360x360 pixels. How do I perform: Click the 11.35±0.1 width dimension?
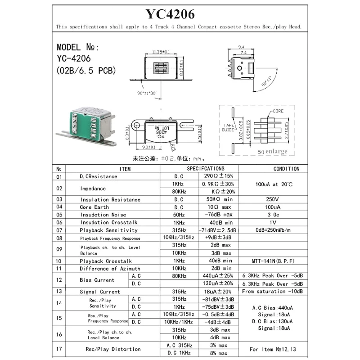(x=161, y=52)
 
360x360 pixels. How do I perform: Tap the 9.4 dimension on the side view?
(x=241, y=46)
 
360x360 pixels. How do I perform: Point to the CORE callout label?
(x=278, y=110)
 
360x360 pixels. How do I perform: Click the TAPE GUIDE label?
(x=228, y=127)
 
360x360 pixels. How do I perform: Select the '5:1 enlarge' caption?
(x=272, y=152)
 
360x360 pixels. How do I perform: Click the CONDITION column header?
(x=286, y=169)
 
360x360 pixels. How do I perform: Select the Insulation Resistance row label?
(x=110, y=199)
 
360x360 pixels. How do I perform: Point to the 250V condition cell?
(x=273, y=199)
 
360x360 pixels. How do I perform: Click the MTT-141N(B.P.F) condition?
(x=273, y=261)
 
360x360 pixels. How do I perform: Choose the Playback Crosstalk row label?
(x=106, y=261)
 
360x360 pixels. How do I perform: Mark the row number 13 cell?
(x=59, y=292)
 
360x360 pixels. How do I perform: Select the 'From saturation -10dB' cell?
(x=272, y=292)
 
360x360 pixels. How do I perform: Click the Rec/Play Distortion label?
(x=113, y=349)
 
